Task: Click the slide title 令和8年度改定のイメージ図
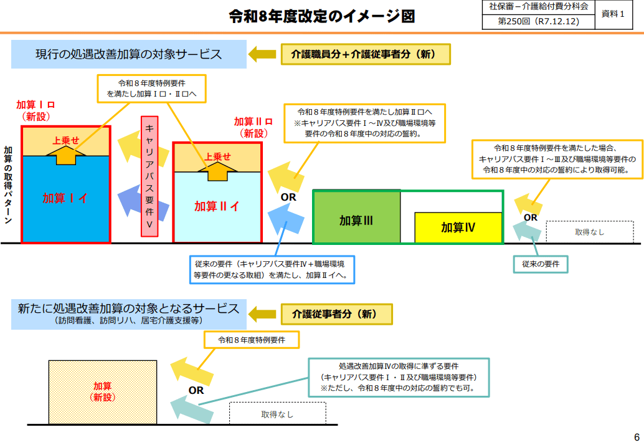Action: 321,17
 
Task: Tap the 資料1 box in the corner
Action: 613,14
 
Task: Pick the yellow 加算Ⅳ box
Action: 458,227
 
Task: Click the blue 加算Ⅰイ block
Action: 65,198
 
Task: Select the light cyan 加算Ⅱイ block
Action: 217,206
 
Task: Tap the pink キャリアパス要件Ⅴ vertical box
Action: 149,176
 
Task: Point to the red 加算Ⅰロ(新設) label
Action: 36,110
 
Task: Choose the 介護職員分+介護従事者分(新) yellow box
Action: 366,54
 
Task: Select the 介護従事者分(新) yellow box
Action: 337,314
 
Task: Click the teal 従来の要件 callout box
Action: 541,264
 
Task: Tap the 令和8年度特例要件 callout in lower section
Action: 252,340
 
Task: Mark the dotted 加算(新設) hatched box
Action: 103,391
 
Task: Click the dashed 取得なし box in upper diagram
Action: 589,232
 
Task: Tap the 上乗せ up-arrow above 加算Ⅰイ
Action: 65,150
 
